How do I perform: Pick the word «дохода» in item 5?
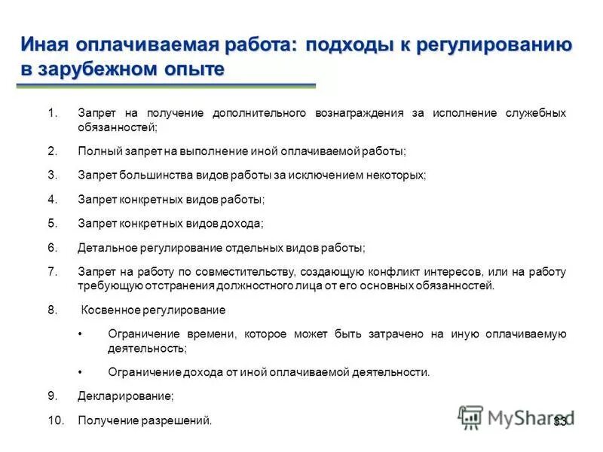tap(242, 223)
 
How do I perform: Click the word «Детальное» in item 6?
tap(103, 247)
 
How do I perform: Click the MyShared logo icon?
tap(471, 417)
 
